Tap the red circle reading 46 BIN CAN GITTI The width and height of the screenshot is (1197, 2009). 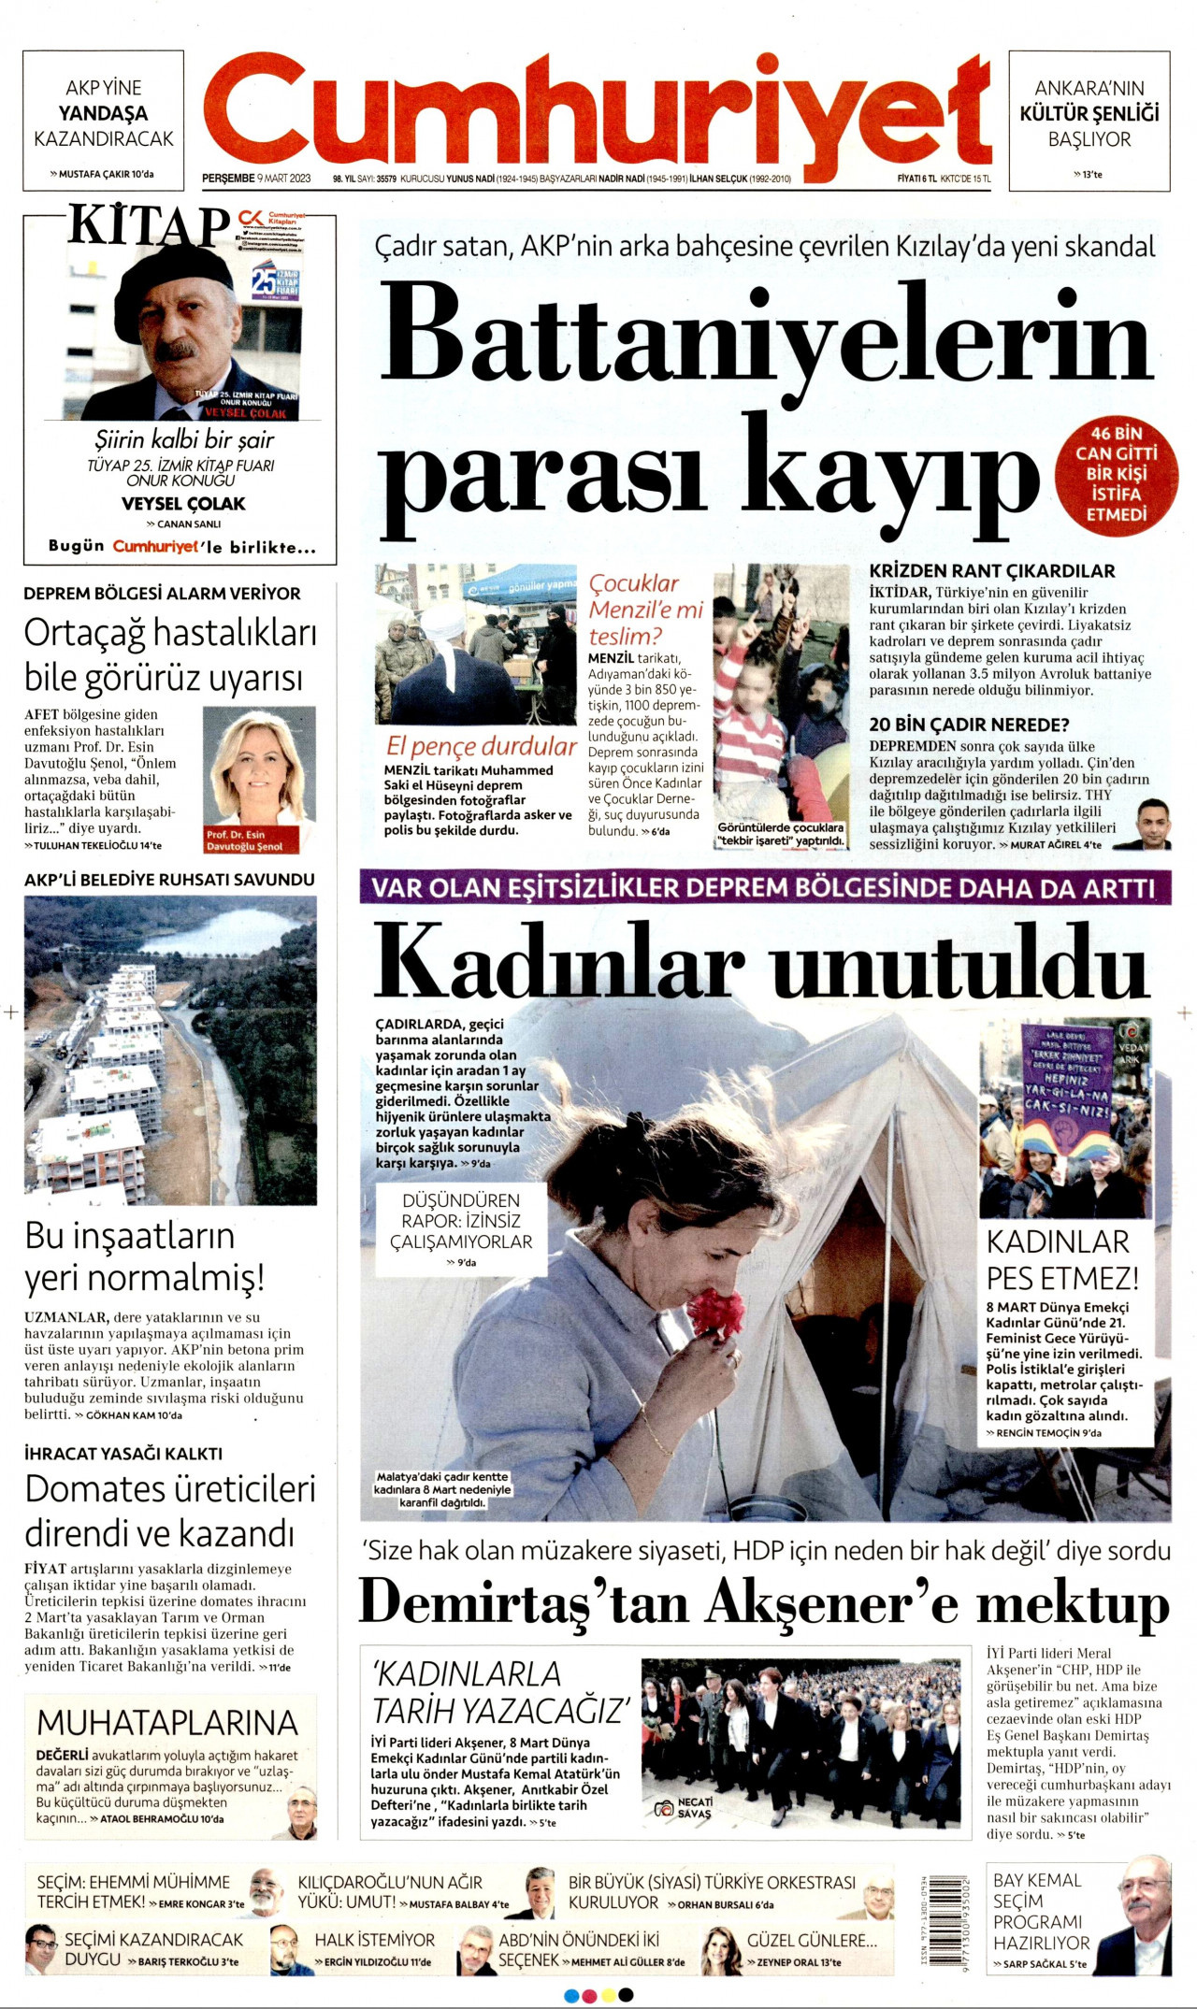coord(1116,474)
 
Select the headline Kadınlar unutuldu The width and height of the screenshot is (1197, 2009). coord(761,962)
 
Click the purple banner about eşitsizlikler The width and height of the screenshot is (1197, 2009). coord(764,887)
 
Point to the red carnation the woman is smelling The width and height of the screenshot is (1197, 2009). coord(715,1312)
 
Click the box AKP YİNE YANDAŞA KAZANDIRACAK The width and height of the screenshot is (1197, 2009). coord(103,121)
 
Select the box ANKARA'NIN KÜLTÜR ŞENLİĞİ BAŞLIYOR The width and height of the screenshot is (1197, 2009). coord(1089,121)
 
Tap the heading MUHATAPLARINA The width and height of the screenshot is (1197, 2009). coord(167,1722)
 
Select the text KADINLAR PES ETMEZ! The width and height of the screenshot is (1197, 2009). coord(1062,1259)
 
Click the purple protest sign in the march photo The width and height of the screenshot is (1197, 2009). coord(1065,1074)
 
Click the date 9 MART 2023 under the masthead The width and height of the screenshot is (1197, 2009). coord(283,179)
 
